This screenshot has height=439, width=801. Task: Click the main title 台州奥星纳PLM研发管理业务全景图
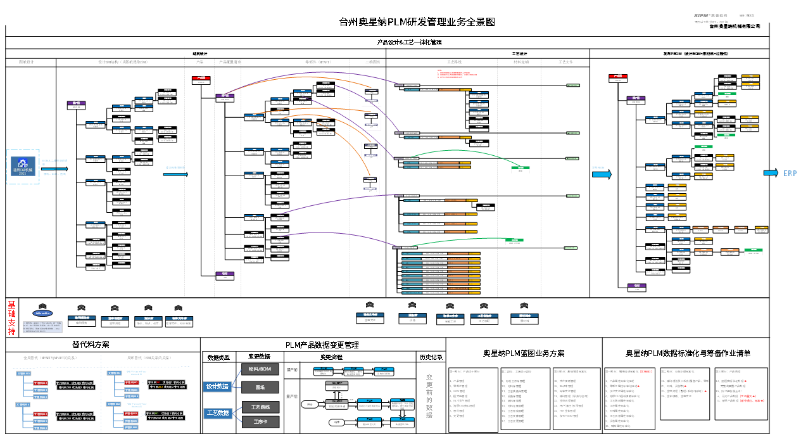tap(416, 22)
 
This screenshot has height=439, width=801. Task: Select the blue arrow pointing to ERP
tap(770, 174)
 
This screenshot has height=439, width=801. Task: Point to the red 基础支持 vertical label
tap(11, 318)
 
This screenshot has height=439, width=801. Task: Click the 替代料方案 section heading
tap(91, 345)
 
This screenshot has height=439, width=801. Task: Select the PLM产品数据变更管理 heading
tap(322, 345)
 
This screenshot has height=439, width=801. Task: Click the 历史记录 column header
tap(431, 357)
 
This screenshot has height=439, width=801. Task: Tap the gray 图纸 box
tap(260, 386)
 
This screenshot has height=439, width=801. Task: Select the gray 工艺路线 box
tap(260, 407)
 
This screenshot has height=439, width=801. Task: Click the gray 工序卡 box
tap(260, 422)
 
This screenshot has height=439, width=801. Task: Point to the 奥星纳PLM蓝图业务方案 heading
tap(524, 353)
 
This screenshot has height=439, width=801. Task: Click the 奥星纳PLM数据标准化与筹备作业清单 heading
tap(689, 353)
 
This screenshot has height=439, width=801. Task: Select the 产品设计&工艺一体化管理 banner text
tap(409, 42)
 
